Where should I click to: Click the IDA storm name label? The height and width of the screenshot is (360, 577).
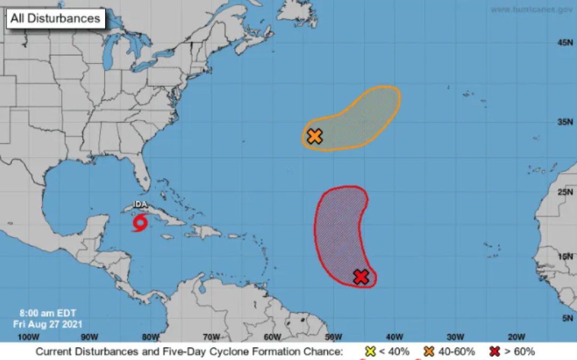pos(140,204)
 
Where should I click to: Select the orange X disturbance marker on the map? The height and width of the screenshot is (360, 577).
pos(315,137)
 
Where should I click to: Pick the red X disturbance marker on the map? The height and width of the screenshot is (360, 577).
pos(361,277)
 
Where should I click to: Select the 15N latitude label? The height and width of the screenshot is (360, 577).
pos(565,257)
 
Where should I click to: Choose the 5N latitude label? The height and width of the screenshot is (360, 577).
pos(567,318)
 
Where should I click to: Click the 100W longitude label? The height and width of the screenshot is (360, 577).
pos(28,337)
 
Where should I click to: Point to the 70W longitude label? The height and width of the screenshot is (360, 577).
pos(211,337)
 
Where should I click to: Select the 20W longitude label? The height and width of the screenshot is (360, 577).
pos(516,337)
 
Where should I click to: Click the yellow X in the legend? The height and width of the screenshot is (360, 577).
pos(370,351)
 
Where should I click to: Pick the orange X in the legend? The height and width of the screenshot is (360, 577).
pos(428,351)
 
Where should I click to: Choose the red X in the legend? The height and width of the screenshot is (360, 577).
pos(495,351)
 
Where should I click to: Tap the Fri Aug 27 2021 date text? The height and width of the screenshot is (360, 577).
pos(48,323)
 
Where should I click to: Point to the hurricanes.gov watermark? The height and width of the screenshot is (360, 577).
pos(532,9)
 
